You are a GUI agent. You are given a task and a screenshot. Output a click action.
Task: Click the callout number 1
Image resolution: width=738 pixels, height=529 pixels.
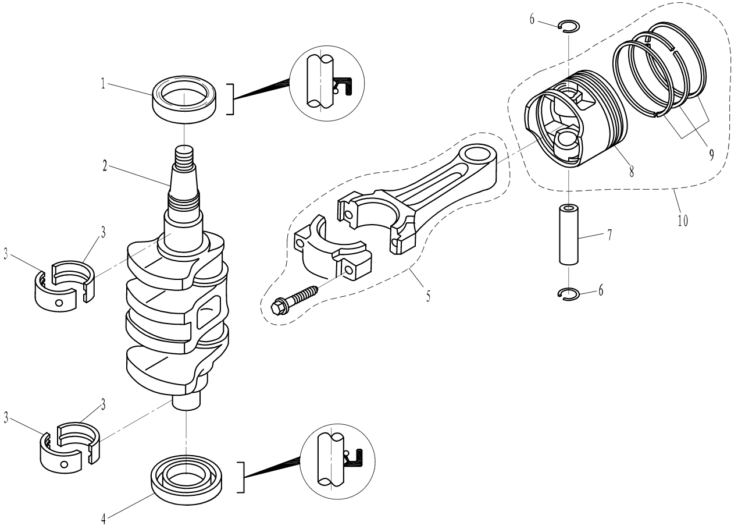pyautogui.click(x=102, y=83)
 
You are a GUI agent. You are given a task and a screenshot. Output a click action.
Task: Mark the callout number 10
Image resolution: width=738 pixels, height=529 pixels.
pyautogui.click(x=683, y=221)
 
